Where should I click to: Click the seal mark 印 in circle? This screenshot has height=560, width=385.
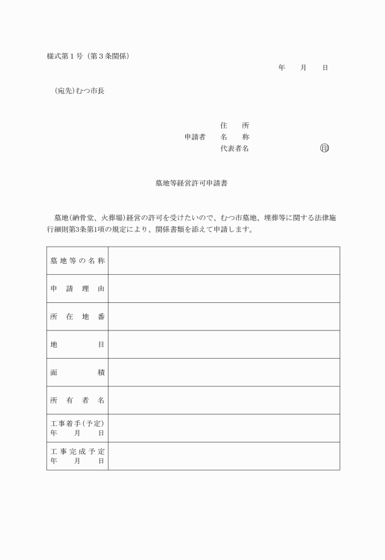click(324, 148)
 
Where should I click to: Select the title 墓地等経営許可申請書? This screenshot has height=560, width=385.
click(192, 183)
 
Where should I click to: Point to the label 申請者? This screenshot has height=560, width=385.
click(195, 137)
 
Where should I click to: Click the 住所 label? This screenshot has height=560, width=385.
click(235, 125)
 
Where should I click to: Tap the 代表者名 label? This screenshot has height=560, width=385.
click(235, 148)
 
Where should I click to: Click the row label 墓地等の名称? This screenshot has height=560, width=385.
click(78, 261)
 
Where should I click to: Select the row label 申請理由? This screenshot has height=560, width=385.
click(78, 289)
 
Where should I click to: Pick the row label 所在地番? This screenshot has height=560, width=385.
click(78, 316)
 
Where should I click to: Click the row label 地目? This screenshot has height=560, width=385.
click(78, 345)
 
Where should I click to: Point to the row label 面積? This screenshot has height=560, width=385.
click(78, 372)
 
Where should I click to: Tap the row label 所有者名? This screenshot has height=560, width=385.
click(78, 400)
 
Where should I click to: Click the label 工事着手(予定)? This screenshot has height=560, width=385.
click(78, 424)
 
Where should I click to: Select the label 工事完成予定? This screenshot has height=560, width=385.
click(78, 452)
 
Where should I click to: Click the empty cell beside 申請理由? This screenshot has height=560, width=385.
click(224, 289)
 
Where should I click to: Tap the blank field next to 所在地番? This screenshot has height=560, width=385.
click(224, 316)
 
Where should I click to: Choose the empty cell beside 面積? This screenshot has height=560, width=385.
click(224, 372)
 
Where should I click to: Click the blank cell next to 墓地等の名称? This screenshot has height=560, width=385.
click(224, 261)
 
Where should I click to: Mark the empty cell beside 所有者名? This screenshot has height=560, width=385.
click(224, 400)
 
